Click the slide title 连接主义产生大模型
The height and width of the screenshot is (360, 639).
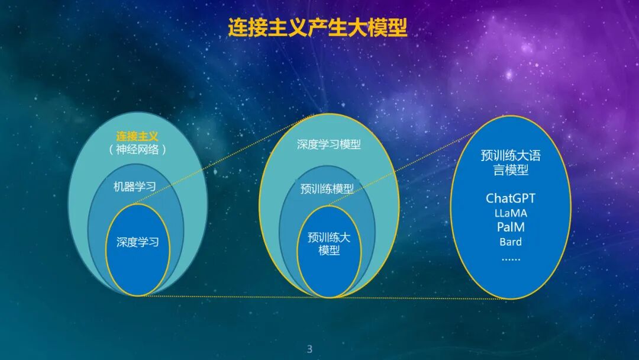318,28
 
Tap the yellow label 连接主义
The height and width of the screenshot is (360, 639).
137,136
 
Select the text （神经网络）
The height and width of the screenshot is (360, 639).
137,150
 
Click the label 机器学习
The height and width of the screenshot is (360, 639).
135,187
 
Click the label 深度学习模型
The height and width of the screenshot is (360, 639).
328,144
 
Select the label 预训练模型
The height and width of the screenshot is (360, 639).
327,189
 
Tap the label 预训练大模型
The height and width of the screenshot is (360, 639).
329,243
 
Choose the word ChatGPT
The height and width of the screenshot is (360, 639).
510,198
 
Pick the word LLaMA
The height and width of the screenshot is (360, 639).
510,213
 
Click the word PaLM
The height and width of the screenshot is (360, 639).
510,227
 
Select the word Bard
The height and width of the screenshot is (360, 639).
510,242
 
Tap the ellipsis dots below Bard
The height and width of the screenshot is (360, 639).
510,258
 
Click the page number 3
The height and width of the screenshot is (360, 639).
309,349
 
